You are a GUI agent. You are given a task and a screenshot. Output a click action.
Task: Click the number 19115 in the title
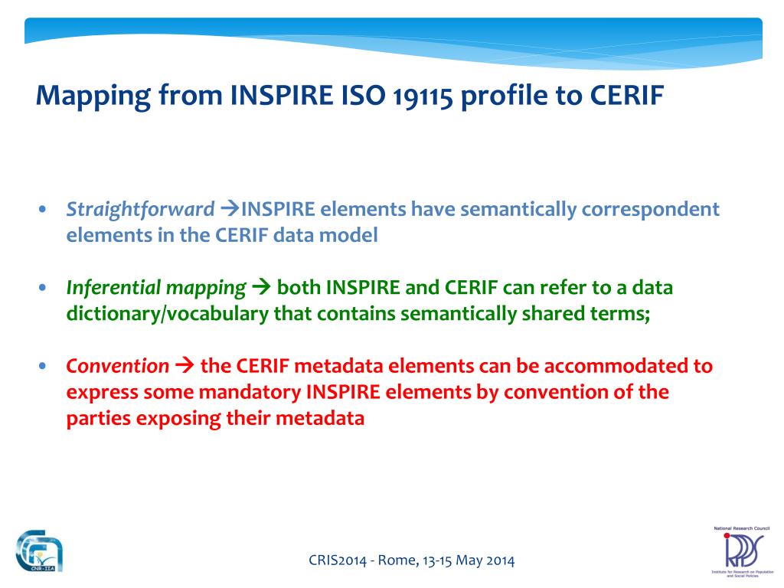click(423, 96)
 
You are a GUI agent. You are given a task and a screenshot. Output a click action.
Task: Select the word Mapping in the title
click(93, 96)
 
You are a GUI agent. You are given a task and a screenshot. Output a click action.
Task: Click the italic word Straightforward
click(141, 209)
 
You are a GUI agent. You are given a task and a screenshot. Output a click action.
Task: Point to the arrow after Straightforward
click(230, 208)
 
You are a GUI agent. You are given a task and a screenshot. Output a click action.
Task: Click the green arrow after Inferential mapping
click(261, 286)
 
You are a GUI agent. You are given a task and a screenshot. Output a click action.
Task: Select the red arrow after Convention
click(185, 365)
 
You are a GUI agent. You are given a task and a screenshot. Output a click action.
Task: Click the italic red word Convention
click(118, 365)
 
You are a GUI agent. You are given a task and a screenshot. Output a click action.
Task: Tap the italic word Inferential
click(113, 288)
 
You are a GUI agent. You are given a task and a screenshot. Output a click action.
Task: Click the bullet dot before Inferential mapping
click(43, 288)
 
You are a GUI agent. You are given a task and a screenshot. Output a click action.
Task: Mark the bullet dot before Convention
click(43, 366)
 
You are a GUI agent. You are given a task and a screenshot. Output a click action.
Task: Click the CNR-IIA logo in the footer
click(39, 551)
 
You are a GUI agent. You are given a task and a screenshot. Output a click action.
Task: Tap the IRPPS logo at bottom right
click(743, 552)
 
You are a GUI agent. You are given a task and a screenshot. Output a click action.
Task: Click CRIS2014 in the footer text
click(338, 560)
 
